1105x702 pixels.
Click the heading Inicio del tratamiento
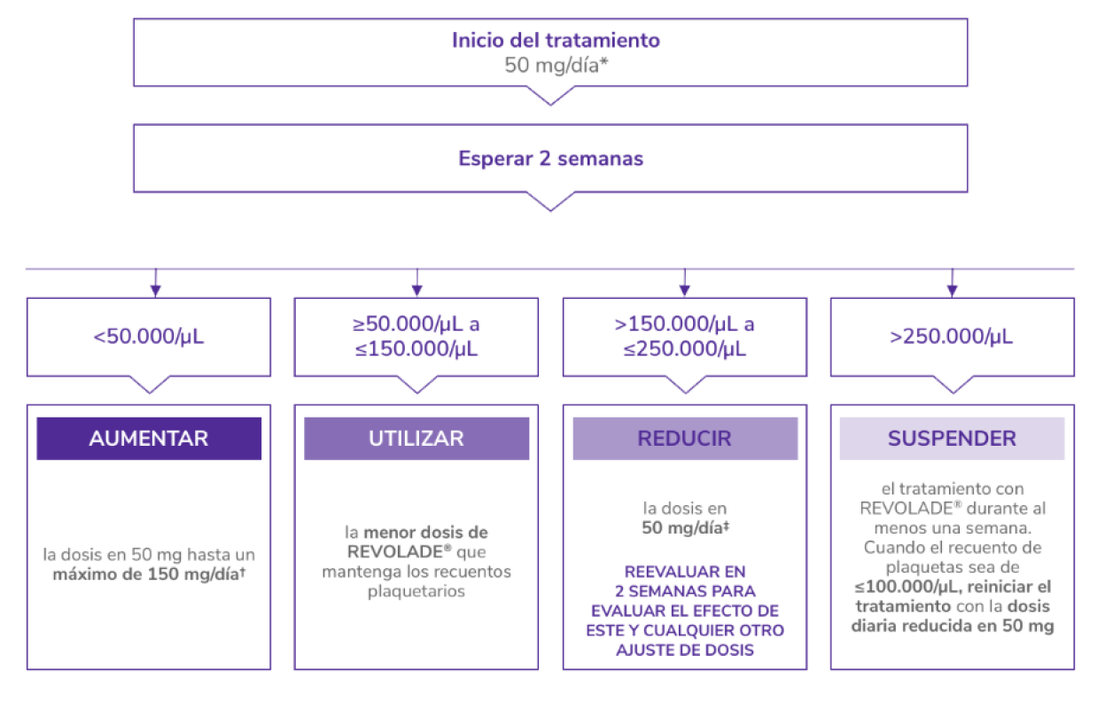pos(556,41)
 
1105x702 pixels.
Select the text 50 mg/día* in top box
pos(556,65)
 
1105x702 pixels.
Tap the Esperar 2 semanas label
pos(550,160)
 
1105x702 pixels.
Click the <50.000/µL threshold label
pos(149,337)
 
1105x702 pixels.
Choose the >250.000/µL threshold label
pos(952,337)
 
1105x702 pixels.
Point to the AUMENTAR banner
pos(149,439)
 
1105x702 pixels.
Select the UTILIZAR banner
pos(416,439)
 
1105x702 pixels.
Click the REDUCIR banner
pos(685,439)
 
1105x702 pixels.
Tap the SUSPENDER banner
pos(952,439)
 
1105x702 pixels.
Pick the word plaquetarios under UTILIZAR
pos(416,591)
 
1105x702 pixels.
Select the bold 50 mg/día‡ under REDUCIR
pos(685,528)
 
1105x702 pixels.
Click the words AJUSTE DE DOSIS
pos(685,650)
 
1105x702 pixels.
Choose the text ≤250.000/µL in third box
pos(685,348)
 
